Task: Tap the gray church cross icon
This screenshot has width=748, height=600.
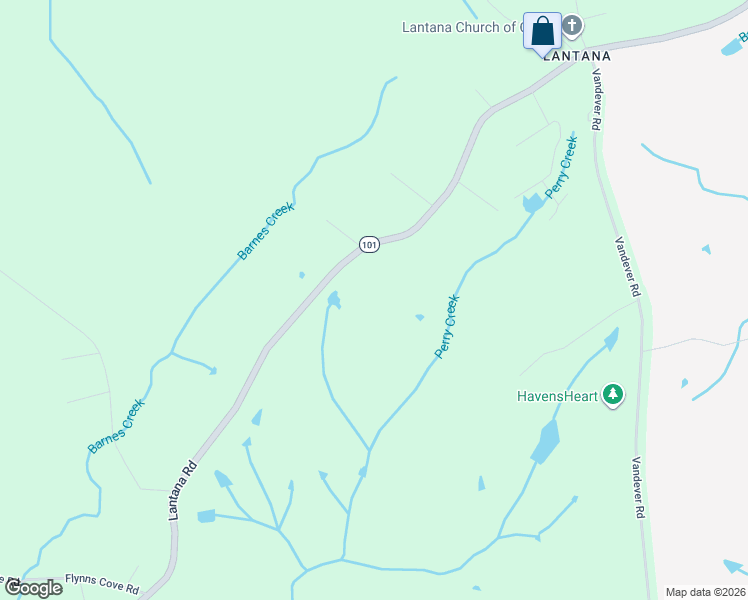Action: pyautogui.click(x=572, y=25)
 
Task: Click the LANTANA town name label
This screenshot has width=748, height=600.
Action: pyautogui.click(x=577, y=57)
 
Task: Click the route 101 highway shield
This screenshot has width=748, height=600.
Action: pyautogui.click(x=369, y=245)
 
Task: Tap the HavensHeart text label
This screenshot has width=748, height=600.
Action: pyautogui.click(x=557, y=396)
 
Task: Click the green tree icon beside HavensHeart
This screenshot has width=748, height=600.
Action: pyautogui.click(x=614, y=396)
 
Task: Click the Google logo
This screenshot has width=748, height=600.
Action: pyautogui.click(x=33, y=588)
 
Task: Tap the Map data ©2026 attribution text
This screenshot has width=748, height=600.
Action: pyautogui.click(x=706, y=592)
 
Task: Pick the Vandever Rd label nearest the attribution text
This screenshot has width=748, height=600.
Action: pyautogui.click(x=636, y=487)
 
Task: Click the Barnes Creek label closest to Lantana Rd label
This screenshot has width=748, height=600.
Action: pyautogui.click(x=116, y=427)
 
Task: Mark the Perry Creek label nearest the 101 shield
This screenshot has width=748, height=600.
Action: pyautogui.click(x=446, y=326)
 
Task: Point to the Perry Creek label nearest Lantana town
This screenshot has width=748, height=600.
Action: pyautogui.click(x=561, y=165)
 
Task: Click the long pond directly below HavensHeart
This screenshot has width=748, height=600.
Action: pyautogui.click(x=545, y=441)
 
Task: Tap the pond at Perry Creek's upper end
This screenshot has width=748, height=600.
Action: pyautogui.click(x=533, y=203)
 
